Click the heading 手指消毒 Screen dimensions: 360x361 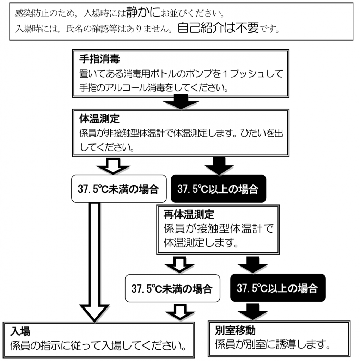[x=99, y=59]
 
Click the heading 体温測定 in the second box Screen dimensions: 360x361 [x=99, y=118]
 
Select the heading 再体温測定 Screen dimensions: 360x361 [x=189, y=214]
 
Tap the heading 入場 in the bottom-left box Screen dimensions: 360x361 [x=20, y=331]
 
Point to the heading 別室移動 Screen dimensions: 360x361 [x=235, y=330]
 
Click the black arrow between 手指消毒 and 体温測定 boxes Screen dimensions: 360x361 [x=181, y=102]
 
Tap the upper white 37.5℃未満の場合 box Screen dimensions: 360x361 [x=119, y=189]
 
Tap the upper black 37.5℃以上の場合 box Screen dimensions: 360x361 [x=218, y=189]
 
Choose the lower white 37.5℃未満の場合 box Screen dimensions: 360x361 [x=172, y=288]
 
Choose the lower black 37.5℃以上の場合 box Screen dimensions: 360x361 [x=278, y=288]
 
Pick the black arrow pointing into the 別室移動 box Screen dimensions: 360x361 [x=253, y=311]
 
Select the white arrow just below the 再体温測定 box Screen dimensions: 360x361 [x=180, y=265]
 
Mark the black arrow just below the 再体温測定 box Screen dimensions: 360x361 [x=253, y=265]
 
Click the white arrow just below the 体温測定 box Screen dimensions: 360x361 [x=113, y=166]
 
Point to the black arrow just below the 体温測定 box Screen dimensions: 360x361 [x=219, y=166]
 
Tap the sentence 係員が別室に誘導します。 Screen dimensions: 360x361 [x=273, y=344]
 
